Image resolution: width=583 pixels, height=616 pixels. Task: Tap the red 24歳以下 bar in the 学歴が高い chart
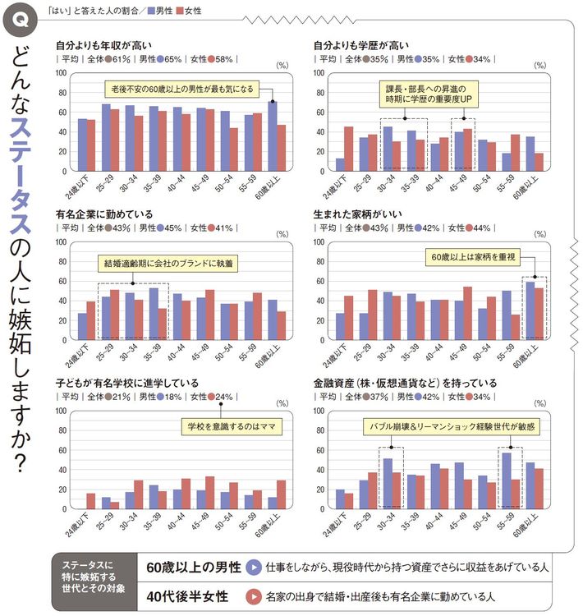pos(348,150)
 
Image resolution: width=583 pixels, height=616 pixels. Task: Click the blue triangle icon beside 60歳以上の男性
pos(255,567)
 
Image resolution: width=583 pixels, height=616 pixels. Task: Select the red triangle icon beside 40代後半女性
pos(255,596)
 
